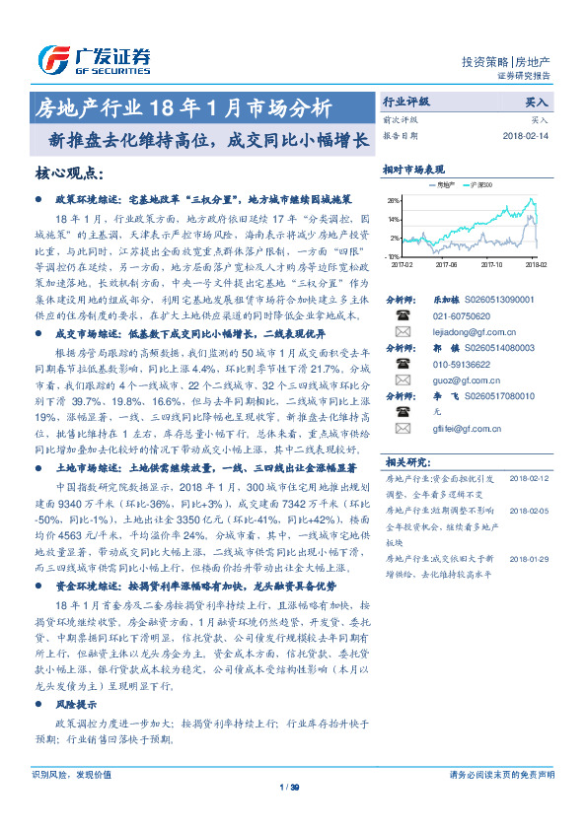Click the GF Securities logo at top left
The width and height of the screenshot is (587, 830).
[x=94, y=58]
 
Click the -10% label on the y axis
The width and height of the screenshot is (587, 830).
[x=393, y=256]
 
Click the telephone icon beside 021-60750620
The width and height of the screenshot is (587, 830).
[x=402, y=315]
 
